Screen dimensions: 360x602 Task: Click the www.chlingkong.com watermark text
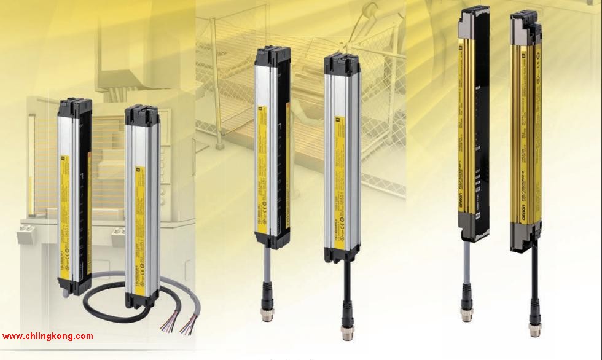(48, 336)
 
